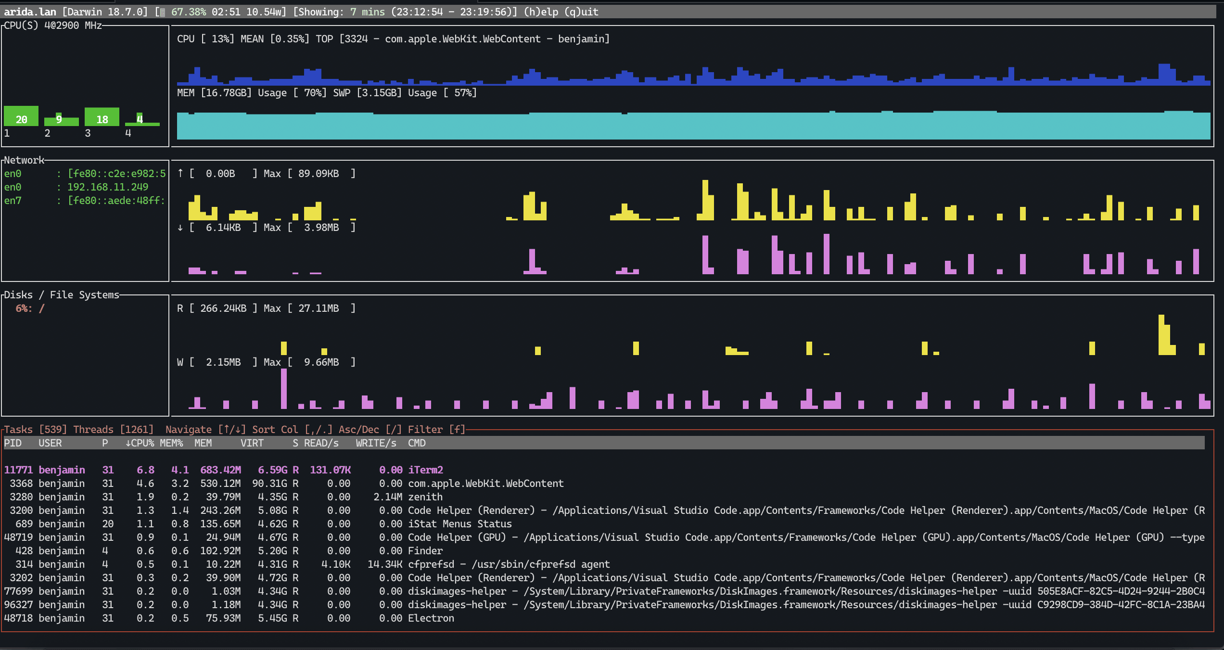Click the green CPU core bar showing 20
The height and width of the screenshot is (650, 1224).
(x=21, y=116)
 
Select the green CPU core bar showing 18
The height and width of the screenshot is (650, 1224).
(x=102, y=117)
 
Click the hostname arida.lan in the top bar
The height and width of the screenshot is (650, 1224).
(x=30, y=12)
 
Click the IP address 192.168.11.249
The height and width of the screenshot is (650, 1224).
(x=108, y=187)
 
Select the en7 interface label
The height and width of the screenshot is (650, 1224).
(x=13, y=200)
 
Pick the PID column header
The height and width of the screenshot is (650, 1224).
(x=13, y=443)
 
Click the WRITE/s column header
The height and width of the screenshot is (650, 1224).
(x=376, y=443)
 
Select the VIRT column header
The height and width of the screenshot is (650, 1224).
(x=252, y=443)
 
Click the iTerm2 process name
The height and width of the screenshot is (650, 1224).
(x=425, y=470)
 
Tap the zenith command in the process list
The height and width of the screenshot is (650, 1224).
(x=425, y=497)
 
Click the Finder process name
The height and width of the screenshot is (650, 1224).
(x=425, y=550)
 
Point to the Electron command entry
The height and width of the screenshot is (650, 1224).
(x=431, y=618)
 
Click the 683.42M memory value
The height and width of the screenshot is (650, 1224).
(x=220, y=470)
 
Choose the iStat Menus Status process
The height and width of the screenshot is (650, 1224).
(x=460, y=523)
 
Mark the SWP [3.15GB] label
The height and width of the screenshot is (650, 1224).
(x=368, y=93)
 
